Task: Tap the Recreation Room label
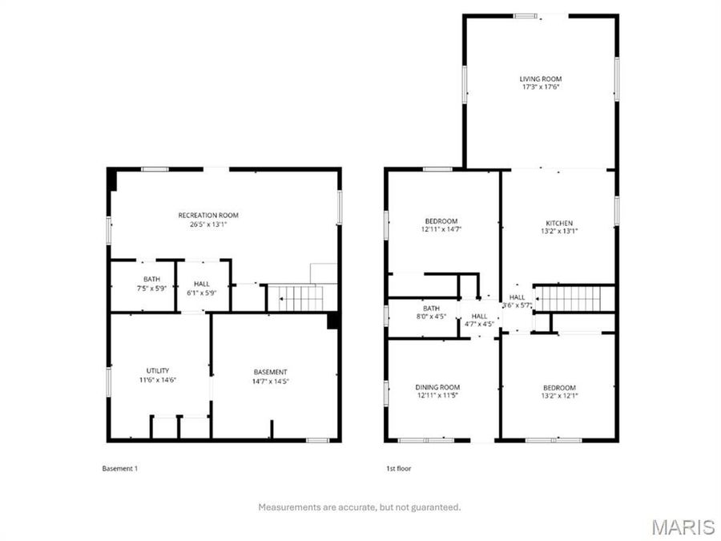pyautogui.click(x=208, y=215)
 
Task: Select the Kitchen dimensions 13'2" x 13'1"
pyautogui.click(x=559, y=232)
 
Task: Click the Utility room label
pyautogui.click(x=158, y=370)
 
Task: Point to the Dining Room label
pyautogui.click(x=438, y=387)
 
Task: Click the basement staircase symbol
pyautogui.click(x=301, y=298)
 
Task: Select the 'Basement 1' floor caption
pyautogui.click(x=120, y=468)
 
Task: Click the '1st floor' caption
pyautogui.click(x=399, y=468)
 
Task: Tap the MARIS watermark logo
pyautogui.click(x=683, y=527)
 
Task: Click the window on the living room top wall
pyautogui.click(x=526, y=15)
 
